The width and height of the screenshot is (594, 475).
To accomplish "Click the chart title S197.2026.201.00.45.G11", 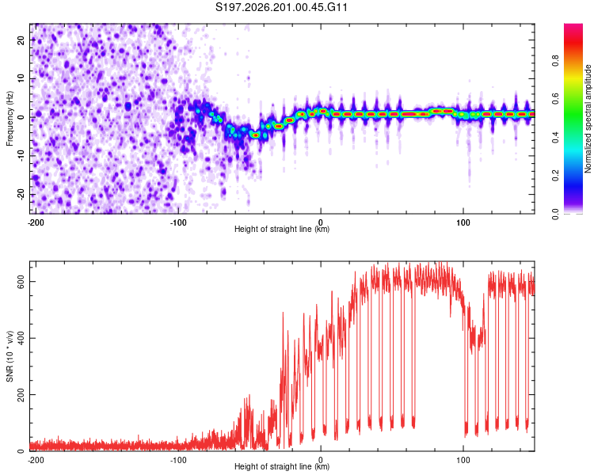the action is (x=281, y=7).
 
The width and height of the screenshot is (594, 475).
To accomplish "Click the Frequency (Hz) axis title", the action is (x=10, y=119).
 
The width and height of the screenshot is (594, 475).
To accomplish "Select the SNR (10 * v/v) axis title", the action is (x=10, y=356).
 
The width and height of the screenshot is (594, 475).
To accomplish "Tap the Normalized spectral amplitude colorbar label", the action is (x=588, y=119).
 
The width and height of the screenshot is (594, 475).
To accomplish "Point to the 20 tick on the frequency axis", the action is (x=21, y=40).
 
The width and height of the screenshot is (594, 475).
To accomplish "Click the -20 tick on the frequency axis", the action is (x=21, y=194).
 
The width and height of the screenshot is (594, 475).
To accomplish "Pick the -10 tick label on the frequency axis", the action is (x=21, y=156).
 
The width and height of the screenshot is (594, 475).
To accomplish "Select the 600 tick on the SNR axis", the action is (x=21, y=282).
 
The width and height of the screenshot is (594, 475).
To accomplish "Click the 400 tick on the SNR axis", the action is (x=21, y=338).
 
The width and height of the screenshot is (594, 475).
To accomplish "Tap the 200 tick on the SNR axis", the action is (x=21, y=394).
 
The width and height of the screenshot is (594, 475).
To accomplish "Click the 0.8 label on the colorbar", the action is (x=555, y=61).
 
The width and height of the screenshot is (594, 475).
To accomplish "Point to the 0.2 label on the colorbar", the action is (x=555, y=176).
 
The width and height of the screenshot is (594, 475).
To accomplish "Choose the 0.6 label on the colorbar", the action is (x=555, y=99).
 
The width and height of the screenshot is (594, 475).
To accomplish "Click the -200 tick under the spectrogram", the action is (x=36, y=222).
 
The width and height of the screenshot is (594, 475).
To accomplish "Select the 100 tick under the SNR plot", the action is (x=463, y=460).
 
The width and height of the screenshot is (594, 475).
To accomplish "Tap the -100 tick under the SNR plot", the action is (x=178, y=460).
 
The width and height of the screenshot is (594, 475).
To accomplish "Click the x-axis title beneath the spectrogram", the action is (x=282, y=229).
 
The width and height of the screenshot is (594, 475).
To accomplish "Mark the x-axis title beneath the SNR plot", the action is (x=282, y=466).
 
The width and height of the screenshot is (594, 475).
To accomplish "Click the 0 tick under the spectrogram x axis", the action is (x=321, y=222).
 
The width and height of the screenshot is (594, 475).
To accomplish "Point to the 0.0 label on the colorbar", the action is (x=555, y=214).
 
